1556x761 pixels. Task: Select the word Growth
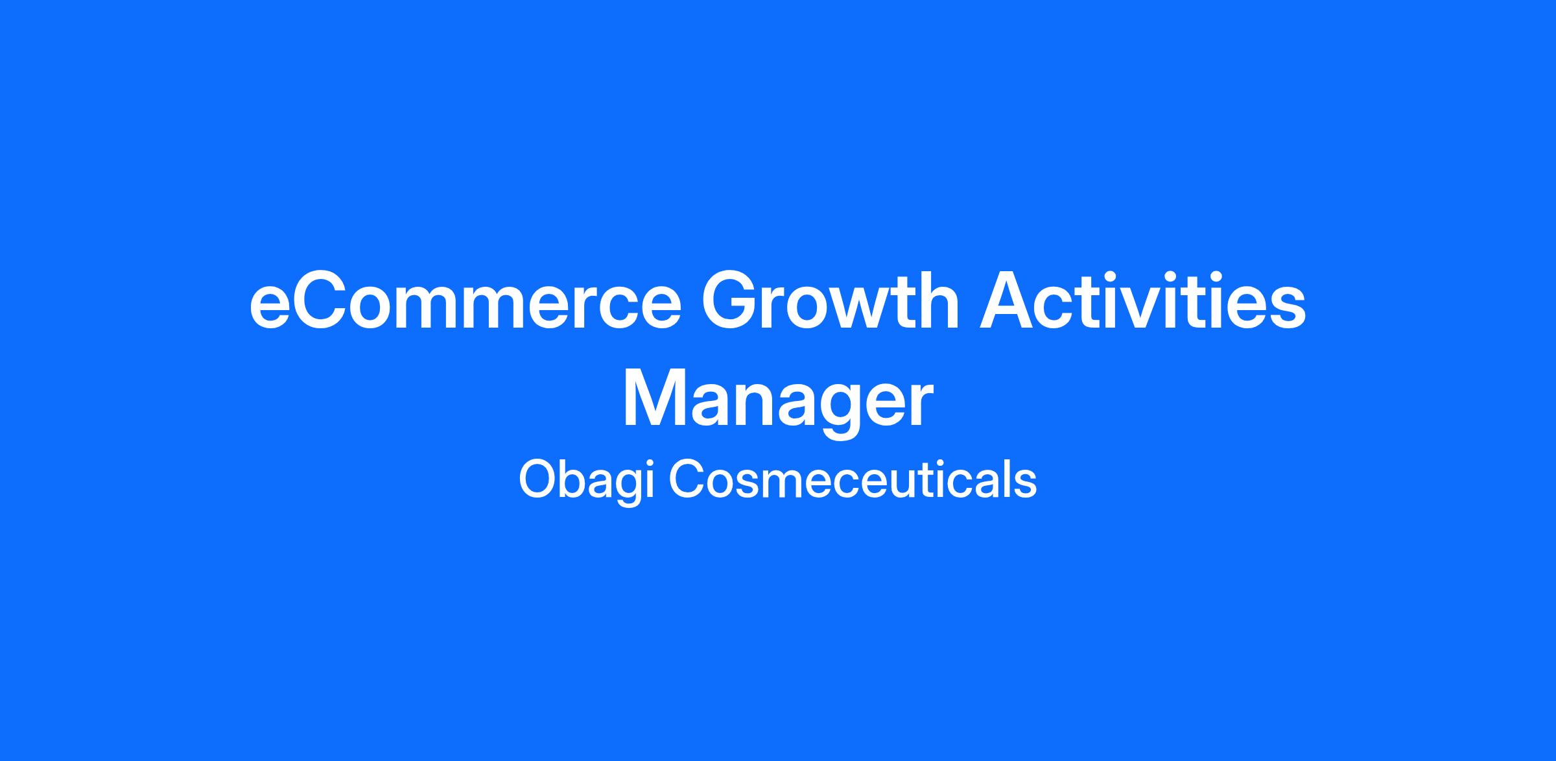click(831, 302)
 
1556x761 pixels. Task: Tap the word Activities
click(1142, 302)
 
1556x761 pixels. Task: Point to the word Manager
click(778, 402)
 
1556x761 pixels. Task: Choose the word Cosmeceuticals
click(853, 480)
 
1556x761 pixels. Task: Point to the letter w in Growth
click(866, 309)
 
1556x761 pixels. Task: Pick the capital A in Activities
click(1009, 302)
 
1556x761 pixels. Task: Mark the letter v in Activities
click(1145, 309)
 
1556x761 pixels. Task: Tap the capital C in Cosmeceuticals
click(689, 480)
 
